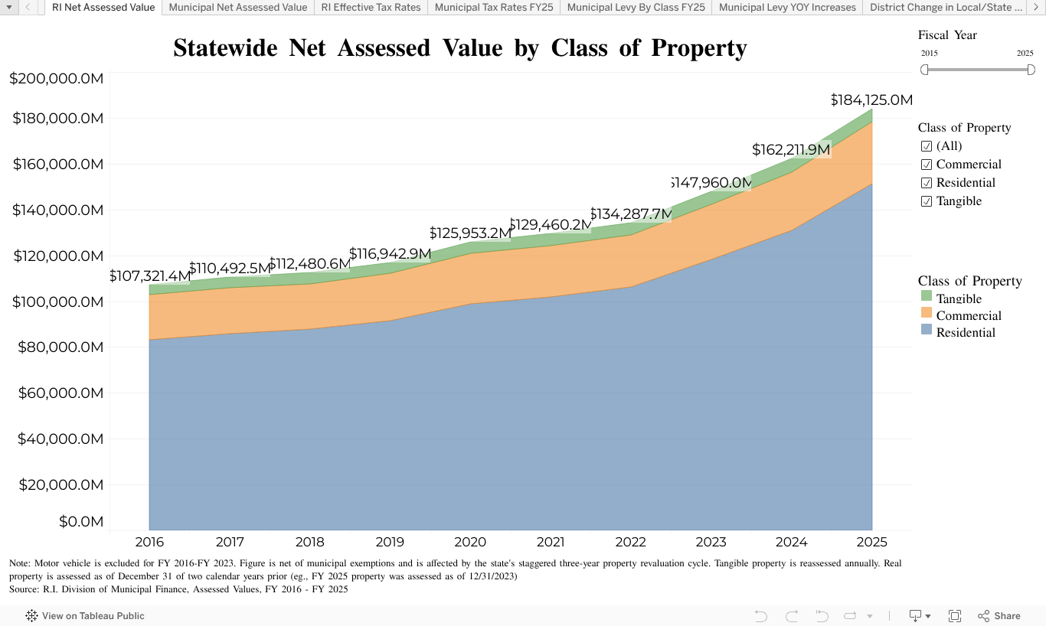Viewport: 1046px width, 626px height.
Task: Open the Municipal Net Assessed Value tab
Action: click(x=237, y=8)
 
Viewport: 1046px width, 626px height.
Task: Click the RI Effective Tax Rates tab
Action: click(x=371, y=8)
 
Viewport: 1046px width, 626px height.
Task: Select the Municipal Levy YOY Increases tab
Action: click(x=787, y=8)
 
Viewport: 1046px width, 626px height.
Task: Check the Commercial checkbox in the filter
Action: click(x=927, y=165)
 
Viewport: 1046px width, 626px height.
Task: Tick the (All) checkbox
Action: click(x=927, y=146)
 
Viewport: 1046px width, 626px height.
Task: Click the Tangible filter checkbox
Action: click(x=927, y=201)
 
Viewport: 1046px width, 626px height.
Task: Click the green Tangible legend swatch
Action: click(x=926, y=297)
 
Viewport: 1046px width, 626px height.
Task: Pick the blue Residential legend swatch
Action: click(x=926, y=331)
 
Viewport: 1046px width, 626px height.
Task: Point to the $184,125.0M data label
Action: click(x=871, y=100)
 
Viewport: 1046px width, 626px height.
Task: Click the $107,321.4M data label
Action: click(x=150, y=276)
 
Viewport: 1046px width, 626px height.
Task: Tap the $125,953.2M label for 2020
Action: click(x=469, y=233)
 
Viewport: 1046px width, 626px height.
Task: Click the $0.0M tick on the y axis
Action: click(x=80, y=522)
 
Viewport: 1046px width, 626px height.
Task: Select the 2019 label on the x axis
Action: click(x=390, y=543)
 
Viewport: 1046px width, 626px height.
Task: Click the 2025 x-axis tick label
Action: click(x=871, y=543)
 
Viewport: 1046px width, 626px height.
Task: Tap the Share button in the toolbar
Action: click(x=999, y=615)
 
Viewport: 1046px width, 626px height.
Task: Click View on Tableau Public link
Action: click(x=85, y=615)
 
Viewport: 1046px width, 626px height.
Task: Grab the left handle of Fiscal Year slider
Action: click(x=924, y=70)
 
